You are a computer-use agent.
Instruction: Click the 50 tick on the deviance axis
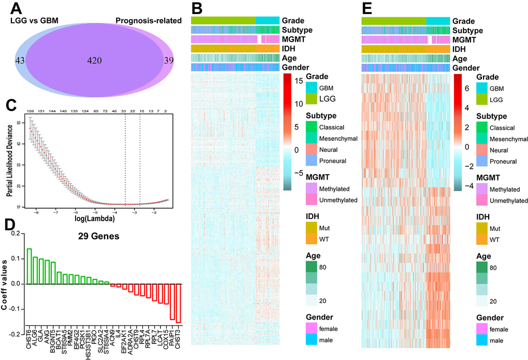coord(20,122)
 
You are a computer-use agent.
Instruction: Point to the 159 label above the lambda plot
coord(30,111)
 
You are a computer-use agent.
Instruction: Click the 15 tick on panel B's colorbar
coord(290,81)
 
